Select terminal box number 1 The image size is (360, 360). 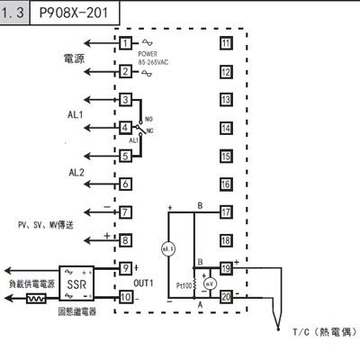[x=126, y=43]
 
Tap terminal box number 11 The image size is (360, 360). [x=225, y=43]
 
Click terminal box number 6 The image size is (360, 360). [x=126, y=184]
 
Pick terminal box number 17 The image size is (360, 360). [x=225, y=212]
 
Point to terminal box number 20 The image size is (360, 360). [x=225, y=297]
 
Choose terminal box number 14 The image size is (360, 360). [x=225, y=128]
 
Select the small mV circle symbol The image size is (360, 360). [x=209, y=282]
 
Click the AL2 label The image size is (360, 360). [x=76, y=172]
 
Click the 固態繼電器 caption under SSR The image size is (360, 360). [x=76, y=311]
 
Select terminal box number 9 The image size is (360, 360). [x=126, y=268]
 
